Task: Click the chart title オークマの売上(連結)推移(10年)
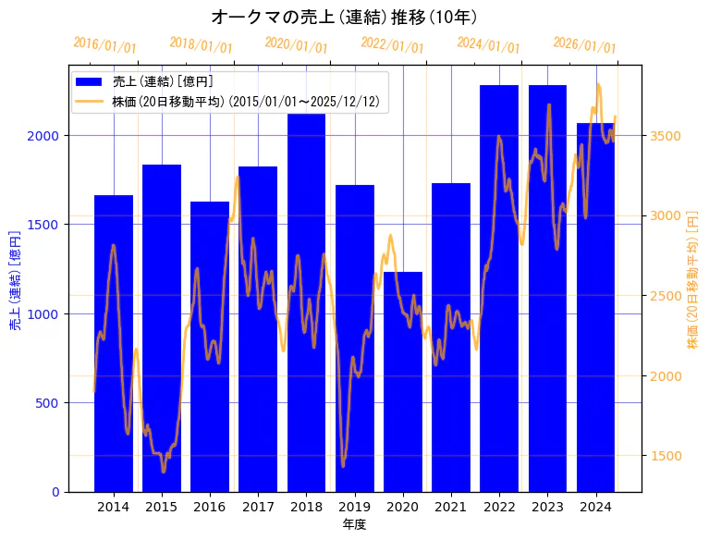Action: coord(344,17)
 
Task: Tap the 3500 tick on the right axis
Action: coord(666,136)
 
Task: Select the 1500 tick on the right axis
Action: coord(666,456)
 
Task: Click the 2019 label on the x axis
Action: coord(354,507)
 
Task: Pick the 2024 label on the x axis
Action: coord(595,507)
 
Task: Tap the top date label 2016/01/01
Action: coord(104,45)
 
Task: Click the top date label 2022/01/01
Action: coord(392,45)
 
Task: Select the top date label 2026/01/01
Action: coord(584,45)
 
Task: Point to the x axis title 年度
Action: coord(354,524)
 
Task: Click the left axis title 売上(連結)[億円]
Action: coord(15,279)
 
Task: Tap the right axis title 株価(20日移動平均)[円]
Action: coord(692,279)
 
